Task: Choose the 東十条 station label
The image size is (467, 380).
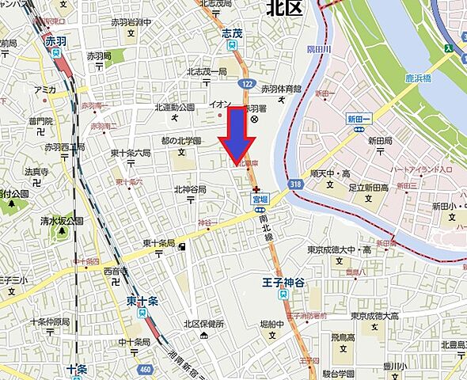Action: pyautogui.click(x=141, y=301)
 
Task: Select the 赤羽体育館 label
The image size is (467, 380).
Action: pyautogui.click(x=281, y=89)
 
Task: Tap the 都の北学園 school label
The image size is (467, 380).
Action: pyautogui.click(x=181, y=140)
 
